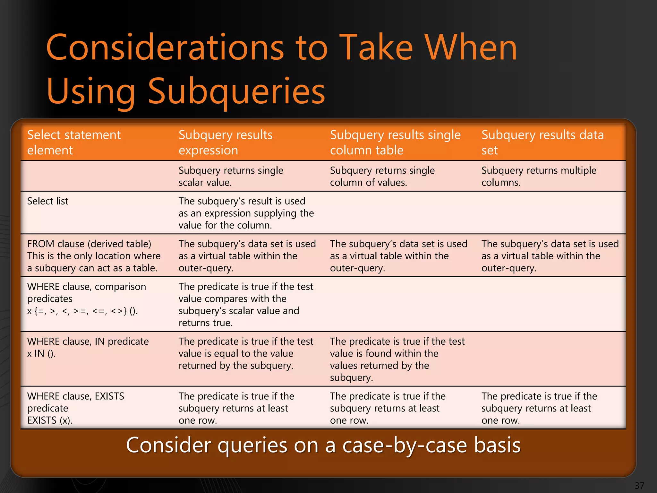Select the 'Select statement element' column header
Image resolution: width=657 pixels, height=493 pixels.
(x=74, y=143)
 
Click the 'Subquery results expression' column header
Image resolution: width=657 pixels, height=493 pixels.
(x=225, y=143)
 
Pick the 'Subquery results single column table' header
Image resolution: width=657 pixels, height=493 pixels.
(x=395, y=143)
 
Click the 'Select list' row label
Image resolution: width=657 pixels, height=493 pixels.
(x=48, y=201)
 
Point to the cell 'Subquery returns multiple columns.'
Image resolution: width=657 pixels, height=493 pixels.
(x=539, y=176)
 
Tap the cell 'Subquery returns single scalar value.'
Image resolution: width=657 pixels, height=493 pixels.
(x=231, y=176)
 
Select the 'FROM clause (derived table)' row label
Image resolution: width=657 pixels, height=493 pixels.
(x=89, y=244)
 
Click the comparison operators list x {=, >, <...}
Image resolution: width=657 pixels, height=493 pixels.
(x=82, y=311)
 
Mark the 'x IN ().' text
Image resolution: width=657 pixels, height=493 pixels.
(x=41, y=354)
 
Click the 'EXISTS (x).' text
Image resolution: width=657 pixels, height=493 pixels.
(x=50, y=420)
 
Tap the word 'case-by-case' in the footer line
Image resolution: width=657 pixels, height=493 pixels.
(x=405, y=445)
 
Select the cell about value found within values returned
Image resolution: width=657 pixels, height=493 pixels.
(x=397, y=359)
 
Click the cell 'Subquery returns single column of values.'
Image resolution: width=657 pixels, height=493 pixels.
(x=382, y=176)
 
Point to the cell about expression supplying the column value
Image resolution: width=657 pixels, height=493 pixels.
(x=246, y=213)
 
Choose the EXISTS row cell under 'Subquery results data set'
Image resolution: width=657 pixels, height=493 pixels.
(x=539, y=408)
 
